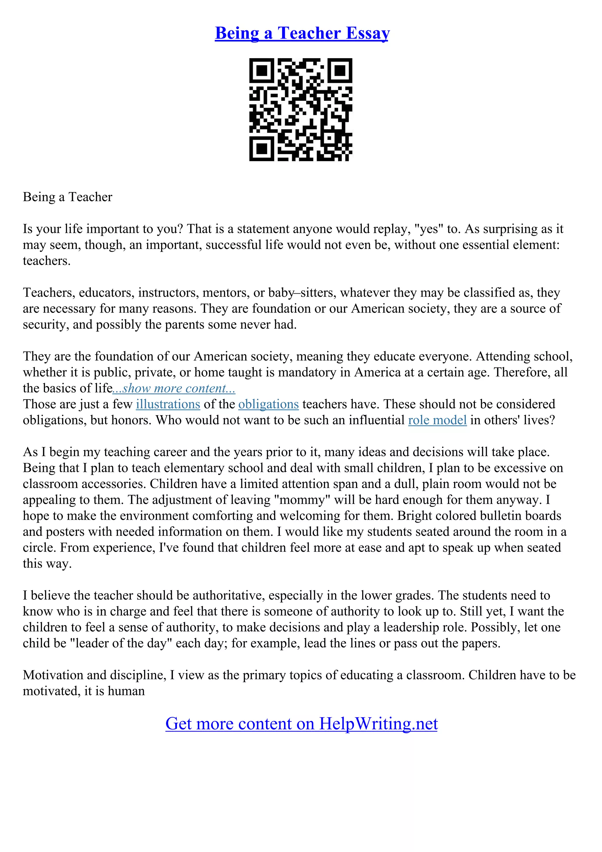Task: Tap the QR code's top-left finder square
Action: pyautogui.click(x=262, y=71)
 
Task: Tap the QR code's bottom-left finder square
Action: pyautogui.click(x=262, y=148)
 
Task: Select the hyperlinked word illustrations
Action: pyautogui.click(x=168, y=404)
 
